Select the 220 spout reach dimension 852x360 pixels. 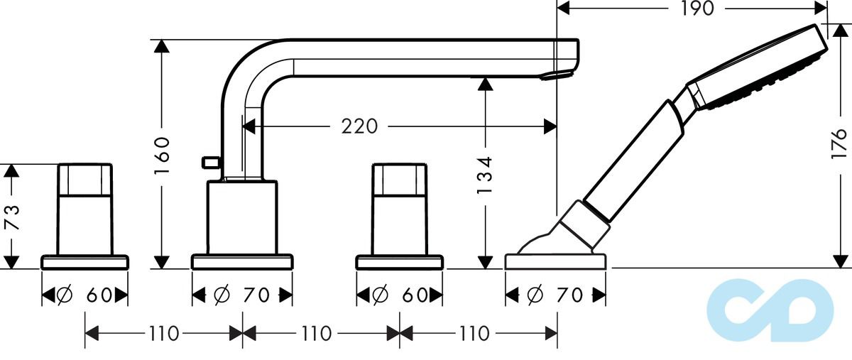pos(359,127)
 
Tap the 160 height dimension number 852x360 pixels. pos(163,156)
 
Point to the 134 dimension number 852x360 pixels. pos(486,175)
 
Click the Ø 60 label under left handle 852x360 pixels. pos(85,295)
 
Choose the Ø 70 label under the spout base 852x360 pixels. pos(242,295)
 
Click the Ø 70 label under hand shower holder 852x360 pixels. pos(555,295)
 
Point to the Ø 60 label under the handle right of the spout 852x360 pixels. pos(400,295)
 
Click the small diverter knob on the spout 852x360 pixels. pos(209,163)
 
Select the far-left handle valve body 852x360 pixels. pos(85,209)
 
